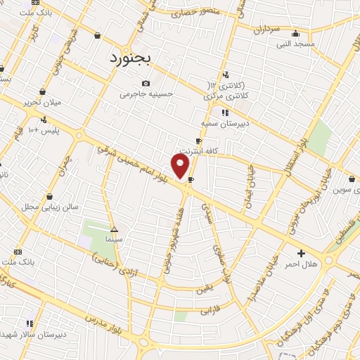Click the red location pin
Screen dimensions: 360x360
181,167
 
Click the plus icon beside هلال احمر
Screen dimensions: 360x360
302,253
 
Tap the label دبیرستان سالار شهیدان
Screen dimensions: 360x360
46,335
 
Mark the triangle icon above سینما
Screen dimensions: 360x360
115,229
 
